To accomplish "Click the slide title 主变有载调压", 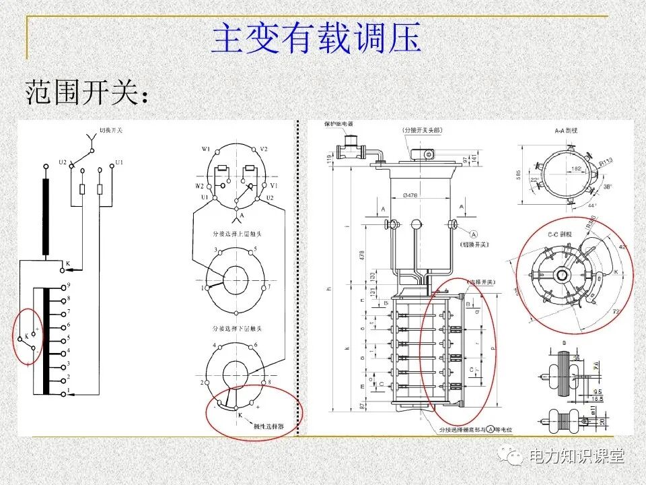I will click(316, 39).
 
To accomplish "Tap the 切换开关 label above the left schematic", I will click(110, 131).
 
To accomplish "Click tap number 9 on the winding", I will click(68, 286).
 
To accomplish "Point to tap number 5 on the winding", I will click(68, 338).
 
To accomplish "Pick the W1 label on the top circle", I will click(205, 149).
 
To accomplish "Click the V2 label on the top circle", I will click(264, 149).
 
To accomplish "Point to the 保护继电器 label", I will click(338, 124).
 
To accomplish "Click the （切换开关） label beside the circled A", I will click(475, 245).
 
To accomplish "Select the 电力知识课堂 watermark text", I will click(577, 456).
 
